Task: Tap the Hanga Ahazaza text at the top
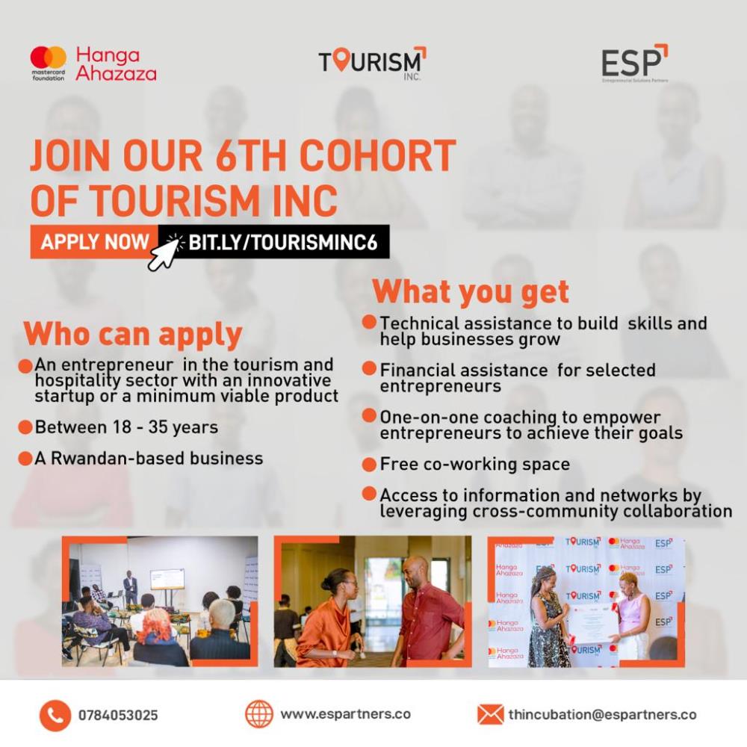[116, 63]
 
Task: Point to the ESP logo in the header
[634, 63]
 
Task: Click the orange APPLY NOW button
[94, 242]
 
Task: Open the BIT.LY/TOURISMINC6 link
[283, 243]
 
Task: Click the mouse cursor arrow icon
[165, 252]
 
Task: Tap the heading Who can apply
[133, 335]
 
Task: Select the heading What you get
[471, 291]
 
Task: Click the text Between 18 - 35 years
[126, 427]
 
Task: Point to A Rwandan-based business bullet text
[149, 459]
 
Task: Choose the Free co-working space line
[474, 465]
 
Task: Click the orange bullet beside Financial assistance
[369, 368]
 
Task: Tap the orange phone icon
[55, 716]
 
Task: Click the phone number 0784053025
[118, 716]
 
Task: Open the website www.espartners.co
[345, 715]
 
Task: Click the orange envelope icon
[490, 715]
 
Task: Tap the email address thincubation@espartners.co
[602, 715]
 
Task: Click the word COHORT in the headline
[377, 155]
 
